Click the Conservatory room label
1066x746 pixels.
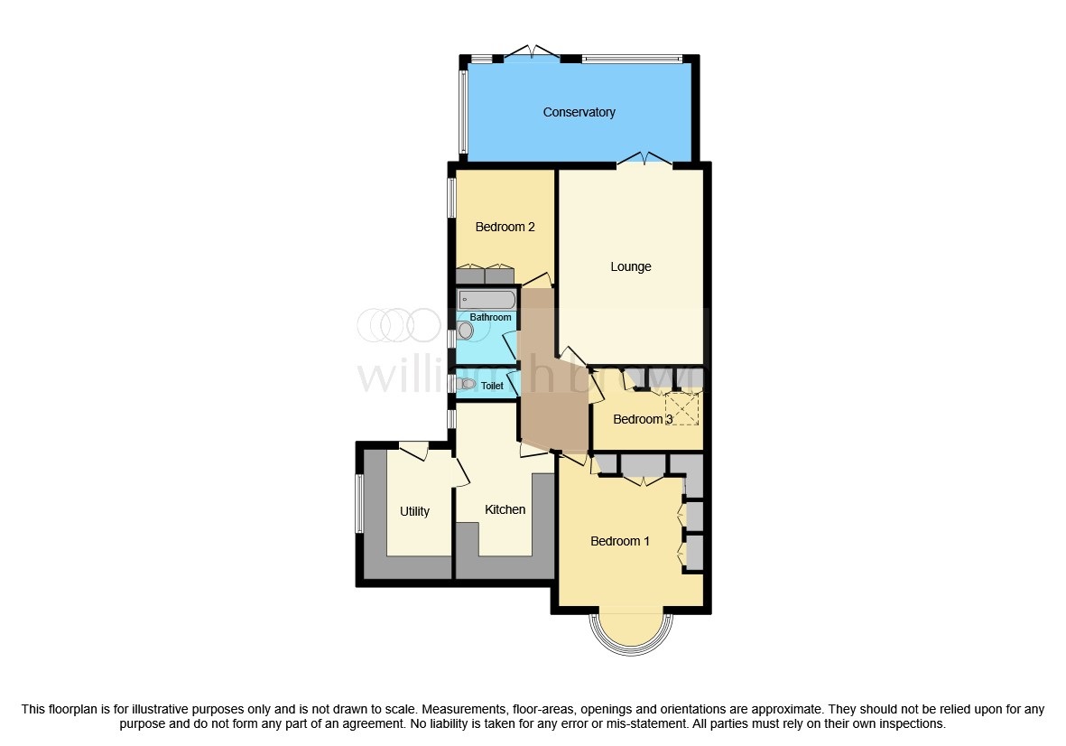579,112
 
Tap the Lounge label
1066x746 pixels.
630,266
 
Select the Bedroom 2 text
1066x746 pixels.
505,227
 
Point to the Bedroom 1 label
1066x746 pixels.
620,541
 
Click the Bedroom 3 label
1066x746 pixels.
643,419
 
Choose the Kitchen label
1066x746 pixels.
505,509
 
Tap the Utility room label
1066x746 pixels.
414,511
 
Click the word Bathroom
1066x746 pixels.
490,317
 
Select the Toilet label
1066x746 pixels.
492,386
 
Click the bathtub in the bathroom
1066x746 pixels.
487,299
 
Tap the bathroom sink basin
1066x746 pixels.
465,331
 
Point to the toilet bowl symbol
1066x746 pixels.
466,385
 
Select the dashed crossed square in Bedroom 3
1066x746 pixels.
681,408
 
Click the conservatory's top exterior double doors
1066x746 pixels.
532,52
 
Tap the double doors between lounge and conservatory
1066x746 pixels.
644,160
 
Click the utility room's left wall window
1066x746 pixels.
359,503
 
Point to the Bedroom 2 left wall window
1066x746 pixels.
452,196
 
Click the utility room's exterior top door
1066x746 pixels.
412,447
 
